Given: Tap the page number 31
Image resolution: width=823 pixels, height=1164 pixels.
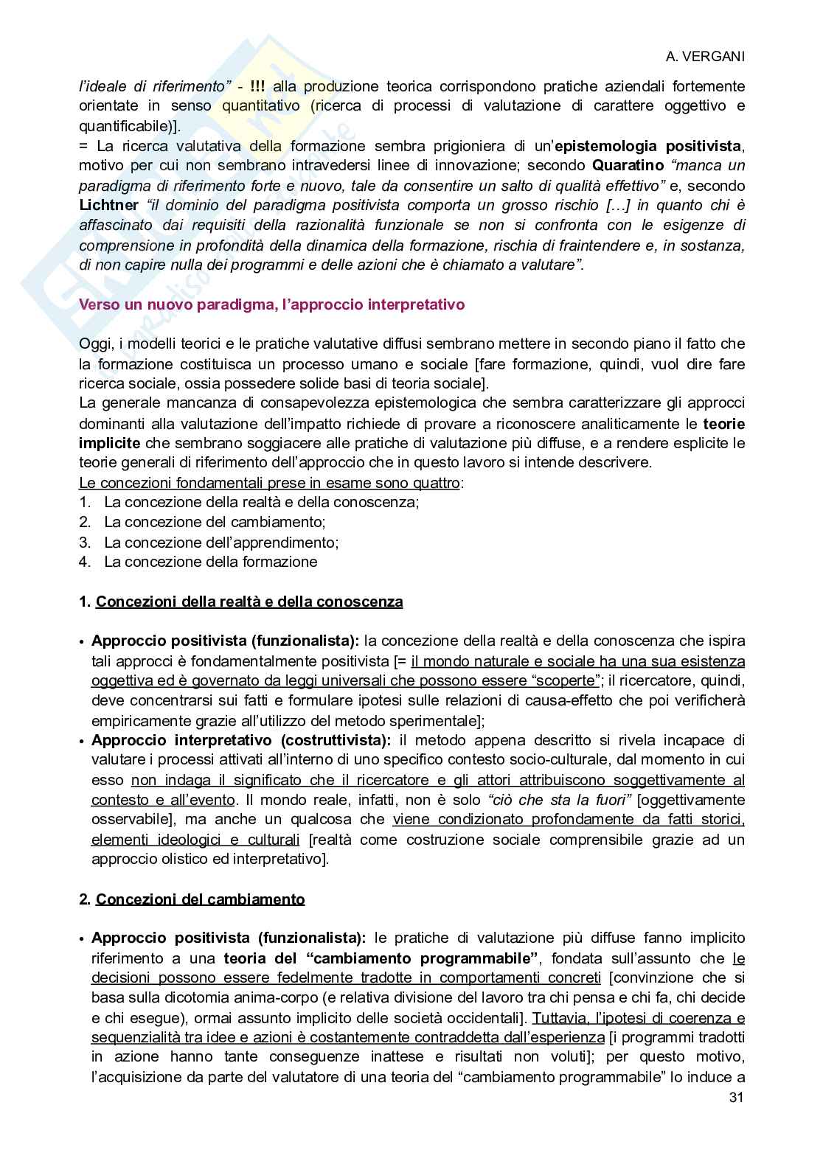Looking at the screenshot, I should pos(736,1097).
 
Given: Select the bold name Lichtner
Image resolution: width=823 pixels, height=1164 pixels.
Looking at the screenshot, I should pos(108,205).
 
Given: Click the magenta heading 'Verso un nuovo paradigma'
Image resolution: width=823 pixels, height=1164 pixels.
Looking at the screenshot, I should pos(271,304).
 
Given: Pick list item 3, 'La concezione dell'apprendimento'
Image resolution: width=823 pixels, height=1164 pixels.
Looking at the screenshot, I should pos(221,543).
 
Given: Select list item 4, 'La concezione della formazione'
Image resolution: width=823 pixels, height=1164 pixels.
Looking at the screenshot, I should pos(210,562).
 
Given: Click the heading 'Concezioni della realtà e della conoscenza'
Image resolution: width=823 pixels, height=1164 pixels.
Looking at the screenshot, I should pos(249,602).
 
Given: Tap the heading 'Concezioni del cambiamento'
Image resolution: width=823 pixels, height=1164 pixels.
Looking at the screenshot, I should pos(200,899).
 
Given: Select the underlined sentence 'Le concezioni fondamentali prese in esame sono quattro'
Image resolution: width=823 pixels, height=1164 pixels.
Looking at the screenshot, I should pos(269,483).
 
